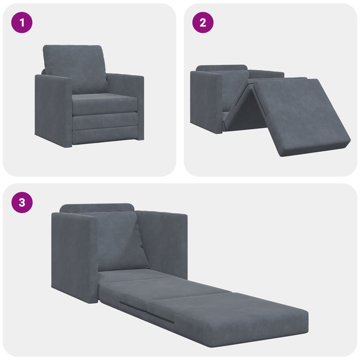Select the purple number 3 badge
[22, 202]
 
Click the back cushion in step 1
[75, 67]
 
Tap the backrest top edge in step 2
[221, 68]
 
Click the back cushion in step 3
[118, 239]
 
